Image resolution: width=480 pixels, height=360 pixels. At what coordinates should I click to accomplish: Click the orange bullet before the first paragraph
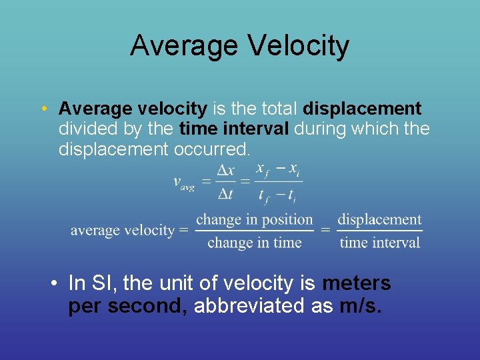coord(43,109)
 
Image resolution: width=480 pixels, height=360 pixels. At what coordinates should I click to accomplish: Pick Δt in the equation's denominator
coord(226,194)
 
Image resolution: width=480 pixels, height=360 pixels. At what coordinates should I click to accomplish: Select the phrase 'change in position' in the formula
coord(254,219)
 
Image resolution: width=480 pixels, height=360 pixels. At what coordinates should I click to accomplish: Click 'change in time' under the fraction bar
coord(254,243)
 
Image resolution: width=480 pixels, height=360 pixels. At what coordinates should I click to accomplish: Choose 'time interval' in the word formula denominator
coord(379,243)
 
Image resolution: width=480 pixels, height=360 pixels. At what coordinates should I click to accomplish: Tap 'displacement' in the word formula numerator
coord(379,219)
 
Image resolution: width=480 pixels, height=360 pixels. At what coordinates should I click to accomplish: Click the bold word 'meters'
coord(356,283)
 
